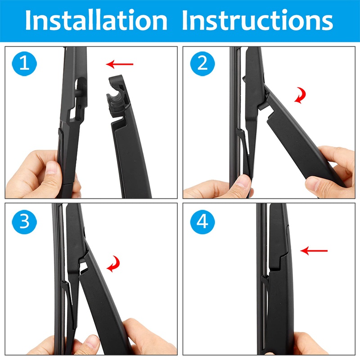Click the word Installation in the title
click(x=96, y=20)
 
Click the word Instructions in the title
click(x=257, y=20)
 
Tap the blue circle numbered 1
click(x=24, y=63)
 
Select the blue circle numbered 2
click(x=202, y=63)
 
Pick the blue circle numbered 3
click(x=24, y=222)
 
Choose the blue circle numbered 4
click(x=202, y=222)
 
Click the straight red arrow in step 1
click(x=119, y=64)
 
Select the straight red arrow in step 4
click(x=314, y=251)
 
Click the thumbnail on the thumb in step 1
click(x=51, y=167)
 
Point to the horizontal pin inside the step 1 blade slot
click(x=78, y=93)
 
